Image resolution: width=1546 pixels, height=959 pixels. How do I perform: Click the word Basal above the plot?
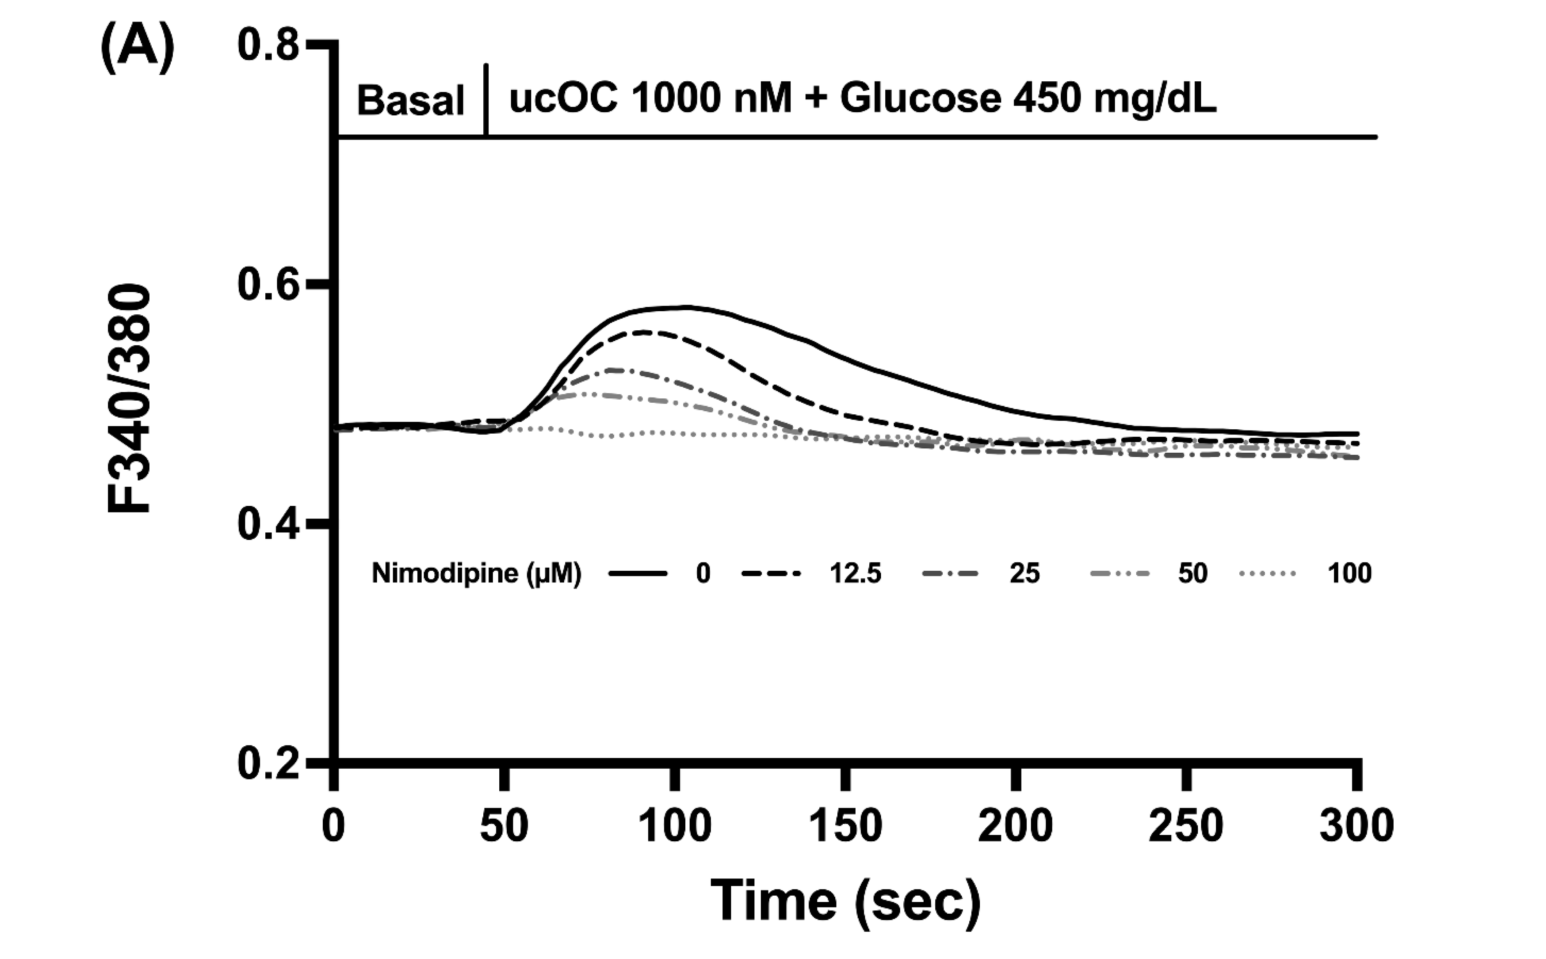410,102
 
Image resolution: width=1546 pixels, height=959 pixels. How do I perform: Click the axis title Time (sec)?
845,901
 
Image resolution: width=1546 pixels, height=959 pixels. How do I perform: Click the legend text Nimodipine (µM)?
476,574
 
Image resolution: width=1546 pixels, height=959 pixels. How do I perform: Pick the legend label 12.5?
855,574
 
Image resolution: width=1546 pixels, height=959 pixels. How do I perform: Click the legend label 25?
1025,574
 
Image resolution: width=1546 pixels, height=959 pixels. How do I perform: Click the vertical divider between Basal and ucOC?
486,100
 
